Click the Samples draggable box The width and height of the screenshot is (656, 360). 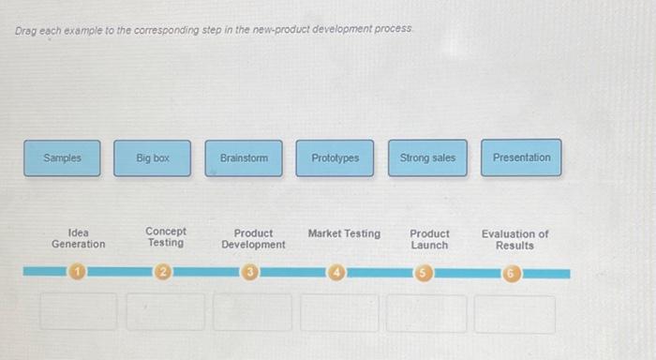coord(63,158)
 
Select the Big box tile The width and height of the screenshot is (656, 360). coord(153,158)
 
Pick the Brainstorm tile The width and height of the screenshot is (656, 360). coord(244,158)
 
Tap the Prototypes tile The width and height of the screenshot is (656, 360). coord(335,158)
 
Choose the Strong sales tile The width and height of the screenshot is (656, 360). coord(427,158)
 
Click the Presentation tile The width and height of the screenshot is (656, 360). coord(522,158)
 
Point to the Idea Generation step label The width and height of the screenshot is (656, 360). coord(79,238)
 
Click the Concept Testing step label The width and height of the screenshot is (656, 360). coord(166,237)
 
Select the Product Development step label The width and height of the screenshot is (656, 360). coord(253,239)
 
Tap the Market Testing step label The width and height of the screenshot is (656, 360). coord(344,233)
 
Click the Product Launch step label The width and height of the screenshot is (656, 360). coord(429,239)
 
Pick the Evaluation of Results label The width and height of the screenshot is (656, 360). coord(514,239)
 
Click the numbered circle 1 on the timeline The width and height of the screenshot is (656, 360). coord(79,273)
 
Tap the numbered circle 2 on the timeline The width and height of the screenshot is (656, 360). coord(163,273)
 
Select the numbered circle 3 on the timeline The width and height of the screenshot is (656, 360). coord(250,273)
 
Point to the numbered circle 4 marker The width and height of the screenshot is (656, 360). coord(336,273)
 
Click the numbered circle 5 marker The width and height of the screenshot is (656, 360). coord(424,273)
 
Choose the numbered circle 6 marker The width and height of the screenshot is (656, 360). coord(510,273)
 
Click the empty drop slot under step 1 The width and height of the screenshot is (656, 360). coord(79,313)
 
